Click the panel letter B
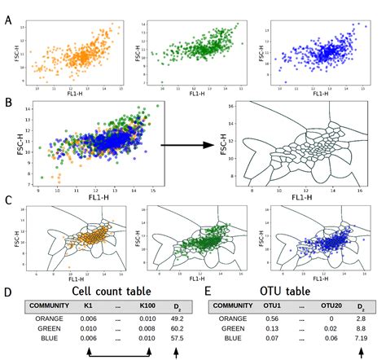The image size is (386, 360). point(7,104)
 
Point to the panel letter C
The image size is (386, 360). point(7,198)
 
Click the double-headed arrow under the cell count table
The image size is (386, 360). point(118,353)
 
